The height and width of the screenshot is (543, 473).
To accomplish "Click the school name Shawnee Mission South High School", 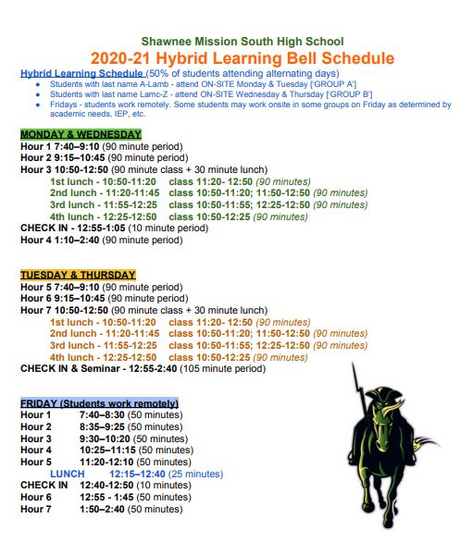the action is tap(242, 42).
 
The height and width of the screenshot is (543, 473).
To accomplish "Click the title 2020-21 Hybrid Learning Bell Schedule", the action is tap(242, 58).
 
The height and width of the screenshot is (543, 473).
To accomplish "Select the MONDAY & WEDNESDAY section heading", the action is tap(81, 134).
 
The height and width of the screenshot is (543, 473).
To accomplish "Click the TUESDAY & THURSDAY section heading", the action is tap(78, 275).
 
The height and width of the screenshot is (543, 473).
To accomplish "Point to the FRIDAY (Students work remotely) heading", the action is tap(99, 403).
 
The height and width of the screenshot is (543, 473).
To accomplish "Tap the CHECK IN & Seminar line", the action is tap(143, 368).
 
